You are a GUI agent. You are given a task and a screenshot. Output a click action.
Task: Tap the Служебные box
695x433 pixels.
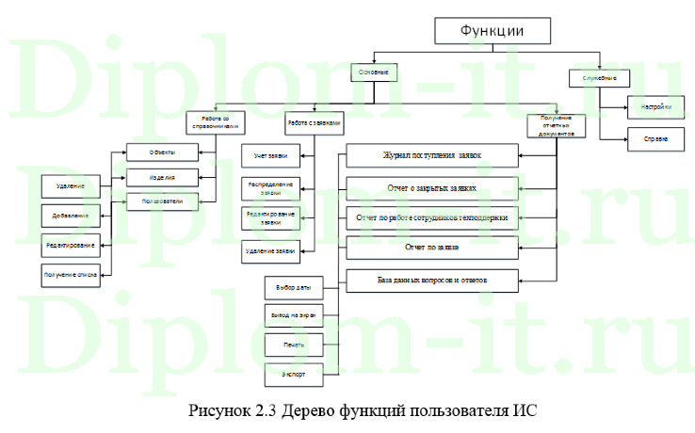point(601,76)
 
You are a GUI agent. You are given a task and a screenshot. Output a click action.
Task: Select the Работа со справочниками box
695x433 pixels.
point(215,122)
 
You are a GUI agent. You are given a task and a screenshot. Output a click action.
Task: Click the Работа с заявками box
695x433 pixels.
point(315,122)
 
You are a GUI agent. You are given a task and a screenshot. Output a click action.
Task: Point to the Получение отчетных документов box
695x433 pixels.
point(556,125)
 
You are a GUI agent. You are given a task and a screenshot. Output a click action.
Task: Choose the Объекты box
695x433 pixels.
point(161,152)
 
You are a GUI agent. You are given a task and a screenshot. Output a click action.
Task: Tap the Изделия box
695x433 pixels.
point(161,177)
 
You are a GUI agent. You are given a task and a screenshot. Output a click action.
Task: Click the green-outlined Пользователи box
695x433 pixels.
point(162,201)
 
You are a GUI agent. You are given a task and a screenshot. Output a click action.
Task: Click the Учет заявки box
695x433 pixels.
point(270,154)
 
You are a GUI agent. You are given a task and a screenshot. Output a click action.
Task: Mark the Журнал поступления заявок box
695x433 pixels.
point(431,153)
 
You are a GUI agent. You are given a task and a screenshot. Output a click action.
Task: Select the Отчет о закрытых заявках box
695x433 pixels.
point(431,187)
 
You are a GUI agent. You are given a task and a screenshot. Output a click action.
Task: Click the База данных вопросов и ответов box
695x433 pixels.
point(431,280)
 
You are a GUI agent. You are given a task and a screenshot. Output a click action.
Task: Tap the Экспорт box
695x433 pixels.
point(294,374)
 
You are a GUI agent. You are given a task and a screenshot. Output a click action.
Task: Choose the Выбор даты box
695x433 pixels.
point(294,286)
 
